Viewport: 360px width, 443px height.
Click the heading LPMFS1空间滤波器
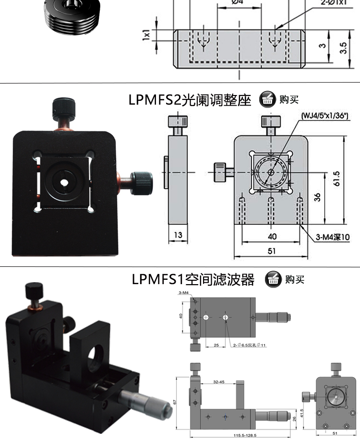(193, 279)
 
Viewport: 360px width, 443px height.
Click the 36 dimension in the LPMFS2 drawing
(317, 197)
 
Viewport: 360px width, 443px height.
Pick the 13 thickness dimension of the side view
(179, 236)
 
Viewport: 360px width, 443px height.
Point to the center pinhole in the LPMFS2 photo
(64, 182)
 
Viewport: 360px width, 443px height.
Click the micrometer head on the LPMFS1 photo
(144, 405)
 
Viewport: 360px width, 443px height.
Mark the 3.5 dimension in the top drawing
(342, 48)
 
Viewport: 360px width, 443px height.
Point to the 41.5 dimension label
(301, 413)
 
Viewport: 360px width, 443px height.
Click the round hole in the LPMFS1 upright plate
(95, 353)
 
